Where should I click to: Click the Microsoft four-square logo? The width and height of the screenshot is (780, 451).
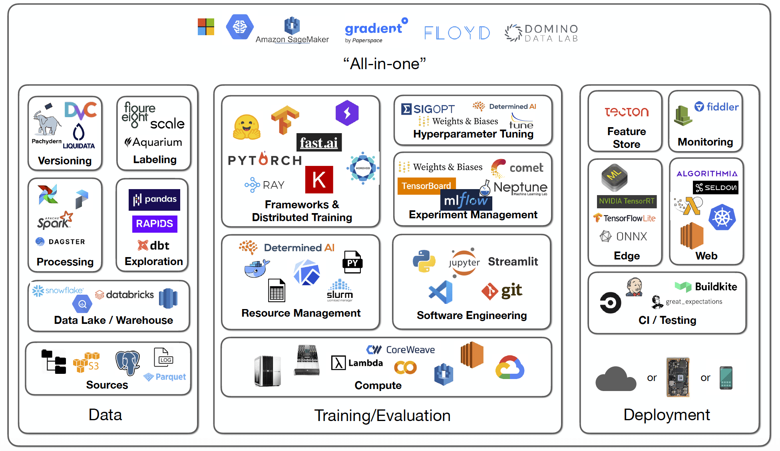206,27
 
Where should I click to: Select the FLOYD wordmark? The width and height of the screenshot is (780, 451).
457,33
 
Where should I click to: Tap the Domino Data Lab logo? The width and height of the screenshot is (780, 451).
542,33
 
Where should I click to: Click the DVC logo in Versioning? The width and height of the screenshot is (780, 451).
80,110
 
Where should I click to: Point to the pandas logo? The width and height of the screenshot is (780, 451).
154,200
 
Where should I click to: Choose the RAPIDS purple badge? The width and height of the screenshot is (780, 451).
155,224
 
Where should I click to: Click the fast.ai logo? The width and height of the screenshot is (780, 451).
319,142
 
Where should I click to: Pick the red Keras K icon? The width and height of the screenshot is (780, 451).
319,180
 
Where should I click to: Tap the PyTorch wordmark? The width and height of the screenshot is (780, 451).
265,160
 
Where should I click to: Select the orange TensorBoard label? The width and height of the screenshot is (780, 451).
426,186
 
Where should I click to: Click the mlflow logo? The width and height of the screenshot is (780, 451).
466,200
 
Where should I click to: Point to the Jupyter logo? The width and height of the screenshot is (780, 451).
464,262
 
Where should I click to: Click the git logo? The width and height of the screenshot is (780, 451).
502,291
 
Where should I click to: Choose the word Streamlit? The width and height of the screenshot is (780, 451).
513,261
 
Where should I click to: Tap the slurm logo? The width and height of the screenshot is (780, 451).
340,291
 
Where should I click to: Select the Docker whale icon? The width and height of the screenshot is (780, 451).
257,268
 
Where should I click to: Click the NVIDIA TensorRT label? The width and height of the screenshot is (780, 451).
627,201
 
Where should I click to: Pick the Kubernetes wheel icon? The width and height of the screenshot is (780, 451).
722,218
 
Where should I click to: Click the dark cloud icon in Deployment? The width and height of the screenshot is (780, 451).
615,379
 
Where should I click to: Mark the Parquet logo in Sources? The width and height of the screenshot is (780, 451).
165,377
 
